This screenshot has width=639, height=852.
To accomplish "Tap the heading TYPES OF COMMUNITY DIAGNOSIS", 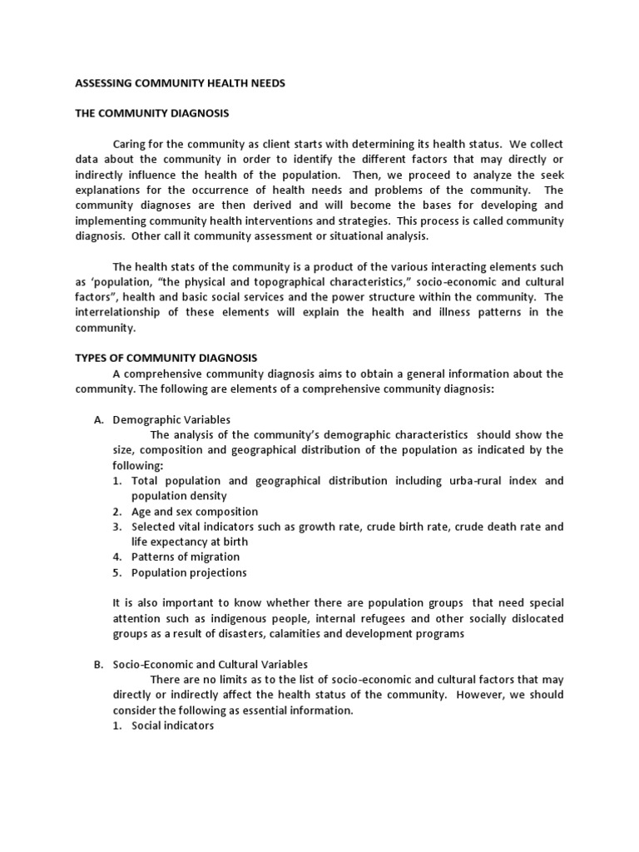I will click(x=155, y=358).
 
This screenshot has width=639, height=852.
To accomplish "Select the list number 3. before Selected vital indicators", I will click(x=118, y=527).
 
